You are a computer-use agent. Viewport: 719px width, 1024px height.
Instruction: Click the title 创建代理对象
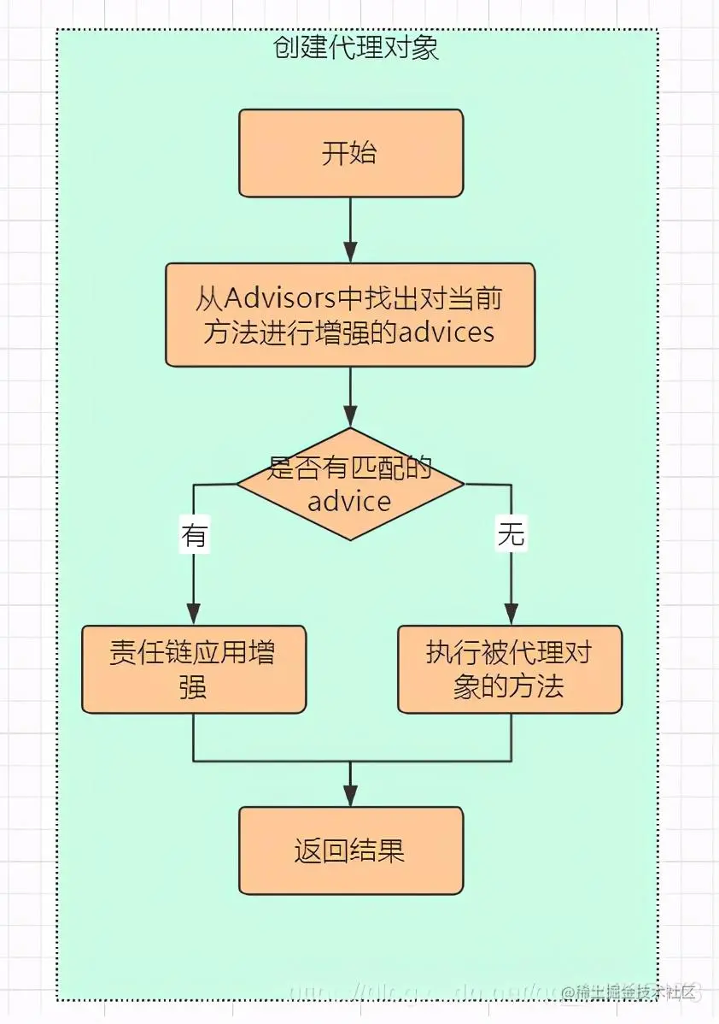point(356,48)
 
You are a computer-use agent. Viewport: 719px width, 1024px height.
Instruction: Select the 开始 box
point(350,153)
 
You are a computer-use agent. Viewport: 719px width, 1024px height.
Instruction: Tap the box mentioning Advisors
point(350,315)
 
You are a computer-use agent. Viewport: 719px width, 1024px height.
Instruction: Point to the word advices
point(447,332)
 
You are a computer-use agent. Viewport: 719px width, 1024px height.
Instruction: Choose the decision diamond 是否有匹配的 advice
point(350,484)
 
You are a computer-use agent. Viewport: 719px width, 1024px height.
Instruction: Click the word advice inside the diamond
point(349,501)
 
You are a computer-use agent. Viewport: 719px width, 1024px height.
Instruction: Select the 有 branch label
point(194,536)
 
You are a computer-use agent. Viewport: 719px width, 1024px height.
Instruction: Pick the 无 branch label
point(511,536)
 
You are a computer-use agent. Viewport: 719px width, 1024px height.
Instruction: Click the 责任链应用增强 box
point(194,669)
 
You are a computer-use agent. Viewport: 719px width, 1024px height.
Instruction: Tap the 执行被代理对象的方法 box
point(510,669)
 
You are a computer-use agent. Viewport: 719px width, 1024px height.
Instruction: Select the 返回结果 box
point(350,850)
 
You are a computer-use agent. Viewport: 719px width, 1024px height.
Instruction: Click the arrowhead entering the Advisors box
point(350,252)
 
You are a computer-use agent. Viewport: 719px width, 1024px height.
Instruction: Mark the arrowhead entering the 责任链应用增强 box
point(194,614)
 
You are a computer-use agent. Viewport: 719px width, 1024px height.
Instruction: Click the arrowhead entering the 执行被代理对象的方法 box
point(511,614)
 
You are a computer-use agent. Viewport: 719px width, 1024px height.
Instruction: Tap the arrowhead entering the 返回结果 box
point(350,796)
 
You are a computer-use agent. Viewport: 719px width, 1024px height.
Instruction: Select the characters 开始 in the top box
point(350,154)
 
